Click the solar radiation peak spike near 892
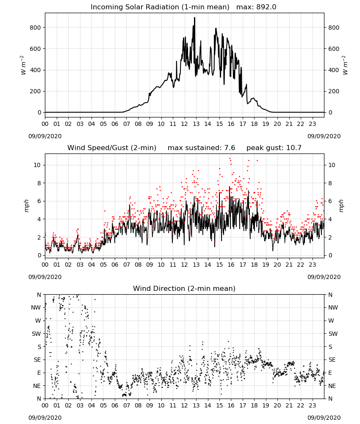(x=194, y=18)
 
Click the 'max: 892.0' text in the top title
(x=256, y=7)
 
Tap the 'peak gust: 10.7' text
(x=274, y=148)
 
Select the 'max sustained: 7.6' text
(x=202, y=148)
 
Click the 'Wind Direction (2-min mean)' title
(x=184, y=288)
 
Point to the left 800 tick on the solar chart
(x=36, y=28)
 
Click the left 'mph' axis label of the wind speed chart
(x=26, y=206)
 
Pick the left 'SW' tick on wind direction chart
(x=36, y=334)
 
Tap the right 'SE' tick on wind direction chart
(x=332, y=360)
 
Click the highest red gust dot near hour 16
(x=230, y=159)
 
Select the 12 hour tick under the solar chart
(x=184, y=124)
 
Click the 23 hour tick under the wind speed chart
(x=312, y=265)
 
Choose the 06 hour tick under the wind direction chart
(x=115, y=406)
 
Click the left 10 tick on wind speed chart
(x=37, y=165)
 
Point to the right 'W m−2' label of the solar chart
(x=345, y=65)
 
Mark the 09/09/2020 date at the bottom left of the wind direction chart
(x=45, y=418)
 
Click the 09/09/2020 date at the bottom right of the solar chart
(x=324, y=136)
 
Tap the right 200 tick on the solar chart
(x=334, y=91)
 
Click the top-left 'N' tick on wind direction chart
(x=39, y=295)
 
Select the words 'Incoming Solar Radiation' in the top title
(x=135, y=7)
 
